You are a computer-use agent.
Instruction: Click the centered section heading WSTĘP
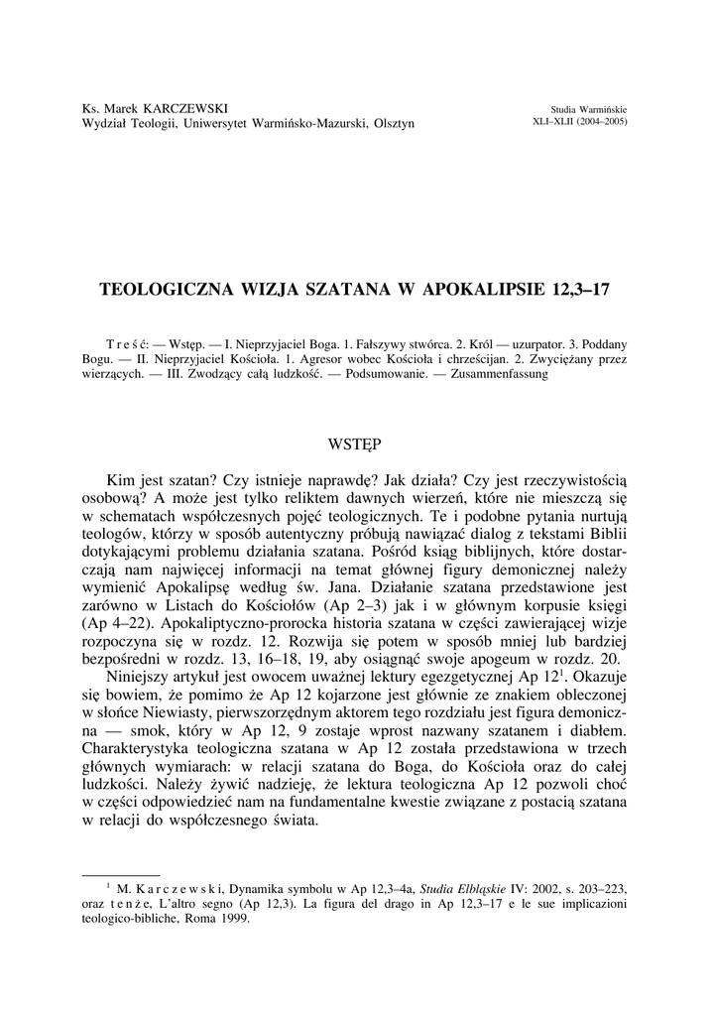355,439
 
